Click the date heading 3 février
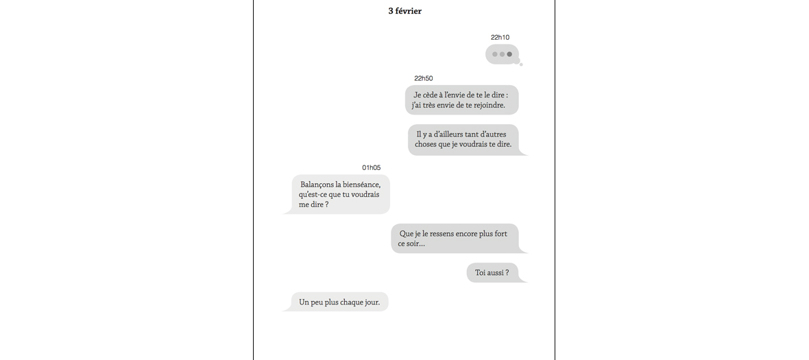[404, 11]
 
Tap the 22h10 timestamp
[500, 37]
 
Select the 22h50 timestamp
[424, 78]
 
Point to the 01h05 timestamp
[372, 167]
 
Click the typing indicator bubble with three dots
[502, 54]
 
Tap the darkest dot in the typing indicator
[509, 54]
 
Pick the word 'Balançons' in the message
[317, 184]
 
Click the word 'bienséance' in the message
[362, 184]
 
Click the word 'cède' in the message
[430, 95]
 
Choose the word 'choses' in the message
[426, 145]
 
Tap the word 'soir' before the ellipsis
[413, 244]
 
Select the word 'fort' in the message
[501, 234]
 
